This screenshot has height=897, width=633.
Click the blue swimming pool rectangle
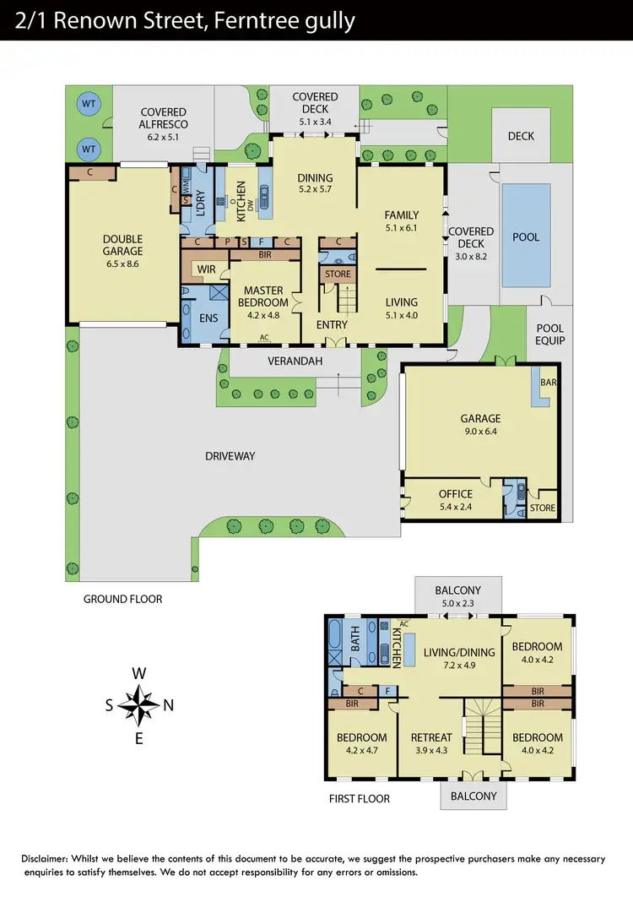(x=526, y=236)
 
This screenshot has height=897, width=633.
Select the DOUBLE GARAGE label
(x=123, y=245)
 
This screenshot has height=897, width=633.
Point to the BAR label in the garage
(x=547, y=382)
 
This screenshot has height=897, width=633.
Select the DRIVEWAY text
(x=230, y=456)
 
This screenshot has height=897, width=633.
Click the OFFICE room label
(x=455, y=494)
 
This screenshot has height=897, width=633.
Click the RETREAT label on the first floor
(x=430, y=737)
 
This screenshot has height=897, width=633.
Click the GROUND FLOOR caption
(x=122, y=599)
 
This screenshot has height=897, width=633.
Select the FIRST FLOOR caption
(x=360, y=798)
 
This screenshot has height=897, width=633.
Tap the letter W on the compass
(x=139, y=673)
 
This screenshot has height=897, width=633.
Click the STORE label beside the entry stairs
(x=338, y=275)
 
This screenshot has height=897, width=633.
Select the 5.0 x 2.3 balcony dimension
(x=457, y=604)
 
